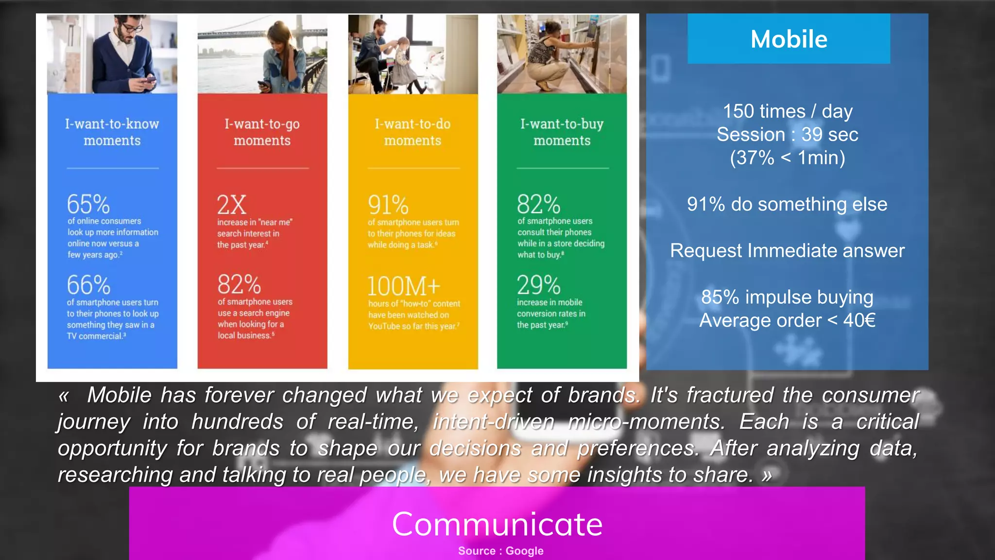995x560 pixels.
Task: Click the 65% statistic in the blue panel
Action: [88, 204]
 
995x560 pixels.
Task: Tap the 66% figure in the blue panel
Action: [88, 285]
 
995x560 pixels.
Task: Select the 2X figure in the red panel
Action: [232, 205]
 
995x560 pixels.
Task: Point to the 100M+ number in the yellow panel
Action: [404, 286]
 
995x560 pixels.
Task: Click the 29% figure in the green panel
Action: [538, 285]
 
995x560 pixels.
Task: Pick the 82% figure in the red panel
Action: [239, 285]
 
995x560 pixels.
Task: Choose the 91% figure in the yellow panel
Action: [388, 205]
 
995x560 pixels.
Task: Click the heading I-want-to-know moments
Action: [112, 132]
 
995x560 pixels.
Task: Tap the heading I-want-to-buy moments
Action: [562, 132]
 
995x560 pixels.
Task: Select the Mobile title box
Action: [789, 39]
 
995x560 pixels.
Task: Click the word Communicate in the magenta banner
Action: [497, 524]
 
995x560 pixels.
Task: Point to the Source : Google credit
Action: [500, 551]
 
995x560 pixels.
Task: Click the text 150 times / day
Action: [788, 111]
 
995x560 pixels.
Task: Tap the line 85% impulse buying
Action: [787, 297]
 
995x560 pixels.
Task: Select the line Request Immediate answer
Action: [787, 251]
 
